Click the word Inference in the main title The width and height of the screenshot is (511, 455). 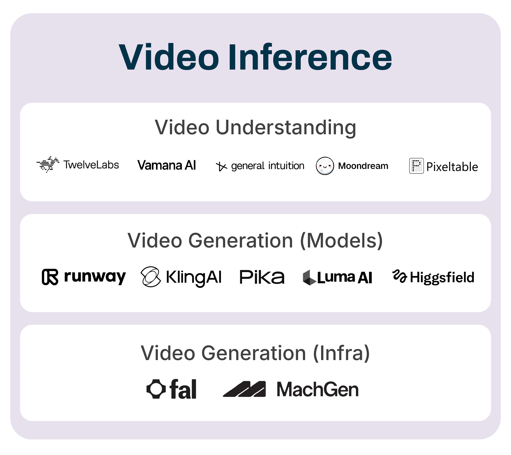(310, 57)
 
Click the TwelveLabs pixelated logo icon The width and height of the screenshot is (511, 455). (48, 164)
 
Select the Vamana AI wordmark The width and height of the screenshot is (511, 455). (166, 165)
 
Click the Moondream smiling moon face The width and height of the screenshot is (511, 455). (325, 166)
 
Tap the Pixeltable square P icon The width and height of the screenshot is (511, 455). (416, 166)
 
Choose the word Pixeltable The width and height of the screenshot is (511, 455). (452, 167)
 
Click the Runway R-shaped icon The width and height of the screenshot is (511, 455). (50, 277)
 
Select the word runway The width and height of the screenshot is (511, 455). (95, 277)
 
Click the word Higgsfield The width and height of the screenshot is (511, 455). (442, 277)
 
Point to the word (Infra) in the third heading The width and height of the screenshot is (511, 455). (341, 353)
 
